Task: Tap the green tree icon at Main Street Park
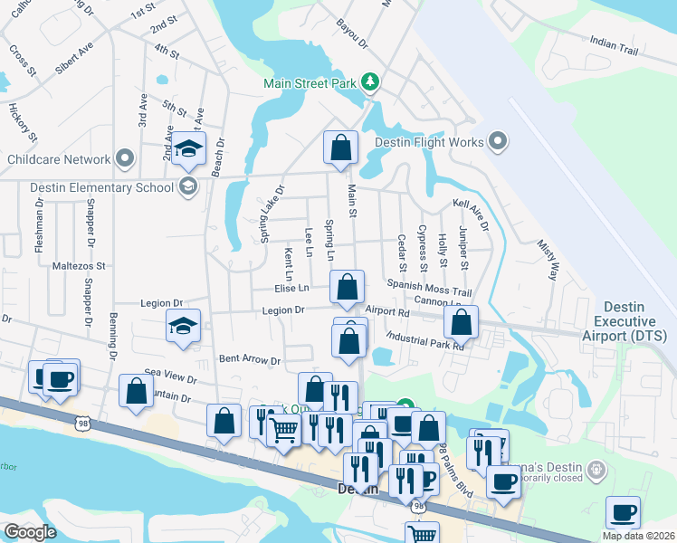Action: tap(369, 83)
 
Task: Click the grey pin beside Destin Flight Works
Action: tap(497, 141)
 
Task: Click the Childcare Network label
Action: tap(58, 160)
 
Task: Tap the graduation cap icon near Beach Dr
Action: tap(189, 149)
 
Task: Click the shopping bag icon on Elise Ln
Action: tap(347, 287)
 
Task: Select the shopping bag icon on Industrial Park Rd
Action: tap(461, 321)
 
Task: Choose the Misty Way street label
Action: tap(548, 261)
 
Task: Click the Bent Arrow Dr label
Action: tap(250, 360)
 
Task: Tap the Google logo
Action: tap(30, 532)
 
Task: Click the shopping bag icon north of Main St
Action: tap(340, 149)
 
